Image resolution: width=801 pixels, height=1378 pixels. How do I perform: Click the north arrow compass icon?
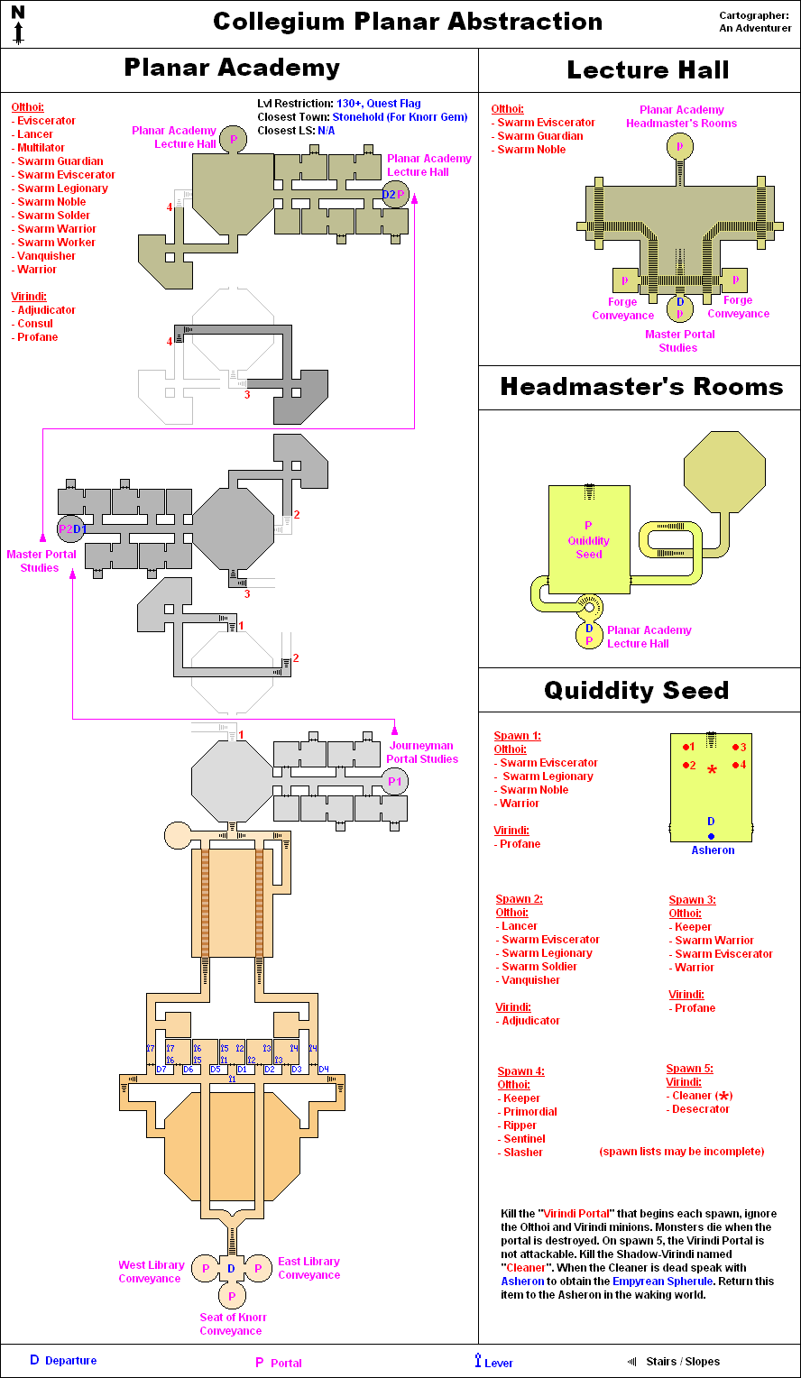click(18, 24)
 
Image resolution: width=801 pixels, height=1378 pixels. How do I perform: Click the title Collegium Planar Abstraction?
click(408, 22)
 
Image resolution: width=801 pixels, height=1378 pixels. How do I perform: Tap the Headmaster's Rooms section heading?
click(641, 387)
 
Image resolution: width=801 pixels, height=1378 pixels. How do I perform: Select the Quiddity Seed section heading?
click(636, 691)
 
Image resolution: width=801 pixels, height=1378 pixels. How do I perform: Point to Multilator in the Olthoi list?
click(41, 148)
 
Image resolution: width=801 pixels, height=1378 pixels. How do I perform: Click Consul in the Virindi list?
click(35, 324)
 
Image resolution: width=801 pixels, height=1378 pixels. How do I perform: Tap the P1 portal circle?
click(394, 782)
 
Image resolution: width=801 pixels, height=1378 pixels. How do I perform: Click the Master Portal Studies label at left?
click(41, 561)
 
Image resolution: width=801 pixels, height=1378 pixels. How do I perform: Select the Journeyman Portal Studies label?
click(422, 752)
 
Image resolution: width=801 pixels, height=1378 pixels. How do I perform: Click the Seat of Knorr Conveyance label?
click(231, 1324)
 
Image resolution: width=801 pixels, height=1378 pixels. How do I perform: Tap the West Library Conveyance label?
click(151, 1272)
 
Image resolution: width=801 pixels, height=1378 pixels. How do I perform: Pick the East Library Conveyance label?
click(308, 1268)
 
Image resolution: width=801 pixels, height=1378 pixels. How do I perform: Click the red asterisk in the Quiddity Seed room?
click(712, 770)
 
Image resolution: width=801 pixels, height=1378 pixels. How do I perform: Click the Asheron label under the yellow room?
click(713, 850)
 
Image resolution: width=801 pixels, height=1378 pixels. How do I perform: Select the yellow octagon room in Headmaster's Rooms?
click(724, 470)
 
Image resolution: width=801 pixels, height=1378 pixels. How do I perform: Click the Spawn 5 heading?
click(689, 1069)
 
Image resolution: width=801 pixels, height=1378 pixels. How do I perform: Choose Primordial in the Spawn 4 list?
click(529, 1112)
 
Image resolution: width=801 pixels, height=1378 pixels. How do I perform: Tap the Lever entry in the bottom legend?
click(494, 1363)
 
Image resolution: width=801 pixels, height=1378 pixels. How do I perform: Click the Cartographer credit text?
click(755, 22)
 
